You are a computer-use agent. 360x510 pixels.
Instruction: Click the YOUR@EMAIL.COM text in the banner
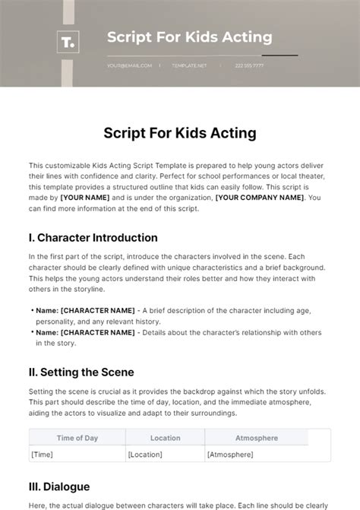point(129,65)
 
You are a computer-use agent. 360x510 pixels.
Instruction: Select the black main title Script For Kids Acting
point(180,133)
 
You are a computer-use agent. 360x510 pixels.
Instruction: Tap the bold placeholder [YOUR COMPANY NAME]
point(259,198)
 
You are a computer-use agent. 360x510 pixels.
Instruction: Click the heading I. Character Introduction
point(93,237)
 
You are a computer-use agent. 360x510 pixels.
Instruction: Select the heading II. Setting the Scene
point(81,372)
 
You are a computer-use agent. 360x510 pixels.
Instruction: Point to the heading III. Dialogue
point(59,486)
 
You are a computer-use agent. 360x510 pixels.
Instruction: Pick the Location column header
point(165,438)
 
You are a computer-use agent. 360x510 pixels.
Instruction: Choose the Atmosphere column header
point(257,438)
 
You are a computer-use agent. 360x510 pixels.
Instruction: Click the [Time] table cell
point(42,454)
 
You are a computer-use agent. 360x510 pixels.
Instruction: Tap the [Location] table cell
point(146,454)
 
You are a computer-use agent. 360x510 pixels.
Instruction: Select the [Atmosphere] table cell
point(231,454)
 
